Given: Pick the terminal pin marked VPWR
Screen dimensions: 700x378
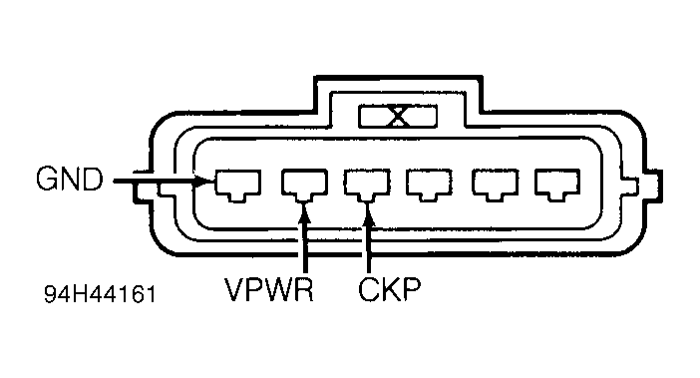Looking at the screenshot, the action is point(302,184).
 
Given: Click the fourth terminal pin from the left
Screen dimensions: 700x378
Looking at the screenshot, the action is point(430,184).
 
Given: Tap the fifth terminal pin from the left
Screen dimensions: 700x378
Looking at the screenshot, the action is point(494,184).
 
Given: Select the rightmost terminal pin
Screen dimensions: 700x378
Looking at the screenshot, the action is point(556,184).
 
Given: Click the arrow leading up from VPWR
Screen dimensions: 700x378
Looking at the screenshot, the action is point(303,239).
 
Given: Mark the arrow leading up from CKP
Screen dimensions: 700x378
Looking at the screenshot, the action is point(369,239).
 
